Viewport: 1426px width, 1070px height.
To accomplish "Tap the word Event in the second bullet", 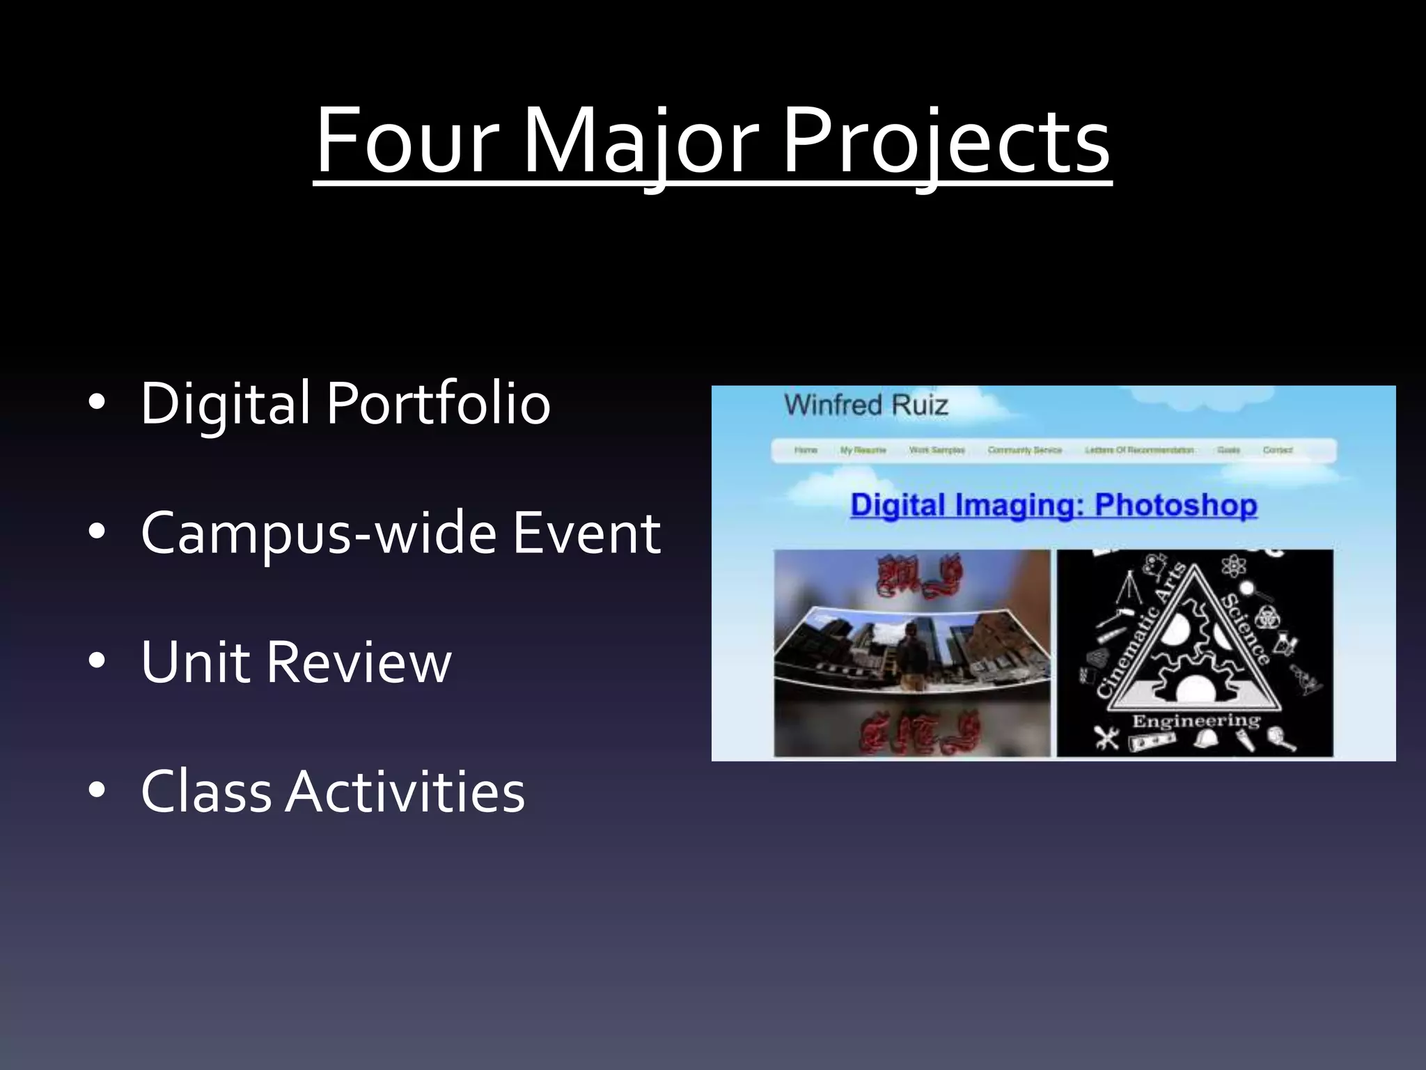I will (586, 532).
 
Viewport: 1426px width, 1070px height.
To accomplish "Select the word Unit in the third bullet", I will (195, 661).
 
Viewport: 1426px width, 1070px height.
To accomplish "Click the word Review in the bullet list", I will (359, 661).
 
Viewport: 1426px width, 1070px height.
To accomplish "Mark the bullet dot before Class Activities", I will (97, 791).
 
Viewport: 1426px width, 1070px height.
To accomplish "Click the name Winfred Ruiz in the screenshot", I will (866, 405).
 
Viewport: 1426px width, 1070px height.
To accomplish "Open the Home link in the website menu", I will (806, 450).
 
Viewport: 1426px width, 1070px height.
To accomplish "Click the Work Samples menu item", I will (937, 450).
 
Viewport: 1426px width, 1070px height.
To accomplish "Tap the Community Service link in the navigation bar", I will (1024, 450).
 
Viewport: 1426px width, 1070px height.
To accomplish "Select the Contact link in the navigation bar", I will (1278, 450).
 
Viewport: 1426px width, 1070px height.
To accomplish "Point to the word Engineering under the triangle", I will (1196, 720).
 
